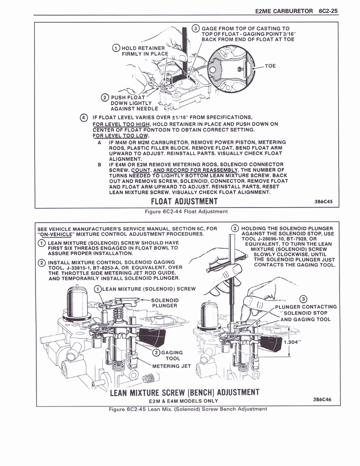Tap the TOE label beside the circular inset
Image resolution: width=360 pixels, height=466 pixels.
tap(270, 66)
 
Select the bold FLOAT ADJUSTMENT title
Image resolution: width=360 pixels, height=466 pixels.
tap(184, 201)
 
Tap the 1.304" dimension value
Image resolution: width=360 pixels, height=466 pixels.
tap(293, 342)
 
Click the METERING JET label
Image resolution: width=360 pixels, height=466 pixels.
tap(172, 366)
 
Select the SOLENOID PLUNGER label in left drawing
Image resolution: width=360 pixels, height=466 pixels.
tap(165, 303)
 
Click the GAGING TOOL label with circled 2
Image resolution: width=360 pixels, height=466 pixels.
tap(172, 355)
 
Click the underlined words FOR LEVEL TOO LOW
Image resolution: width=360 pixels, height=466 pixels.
tap(120, 136)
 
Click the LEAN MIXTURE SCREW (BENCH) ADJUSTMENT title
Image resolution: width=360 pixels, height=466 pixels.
tap(184, 392)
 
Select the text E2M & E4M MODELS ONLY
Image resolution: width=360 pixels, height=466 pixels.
tap(183, 401)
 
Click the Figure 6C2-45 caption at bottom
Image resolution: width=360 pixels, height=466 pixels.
tap(188, 409)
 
